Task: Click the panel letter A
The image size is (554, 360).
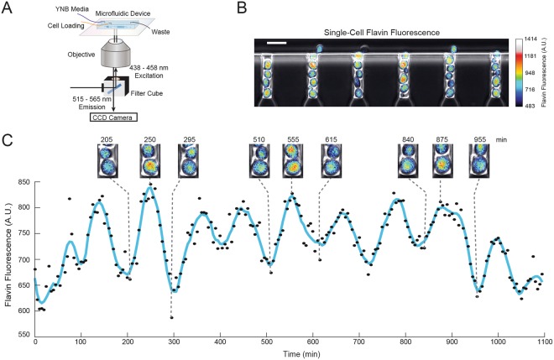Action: click(x=8, y=8)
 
